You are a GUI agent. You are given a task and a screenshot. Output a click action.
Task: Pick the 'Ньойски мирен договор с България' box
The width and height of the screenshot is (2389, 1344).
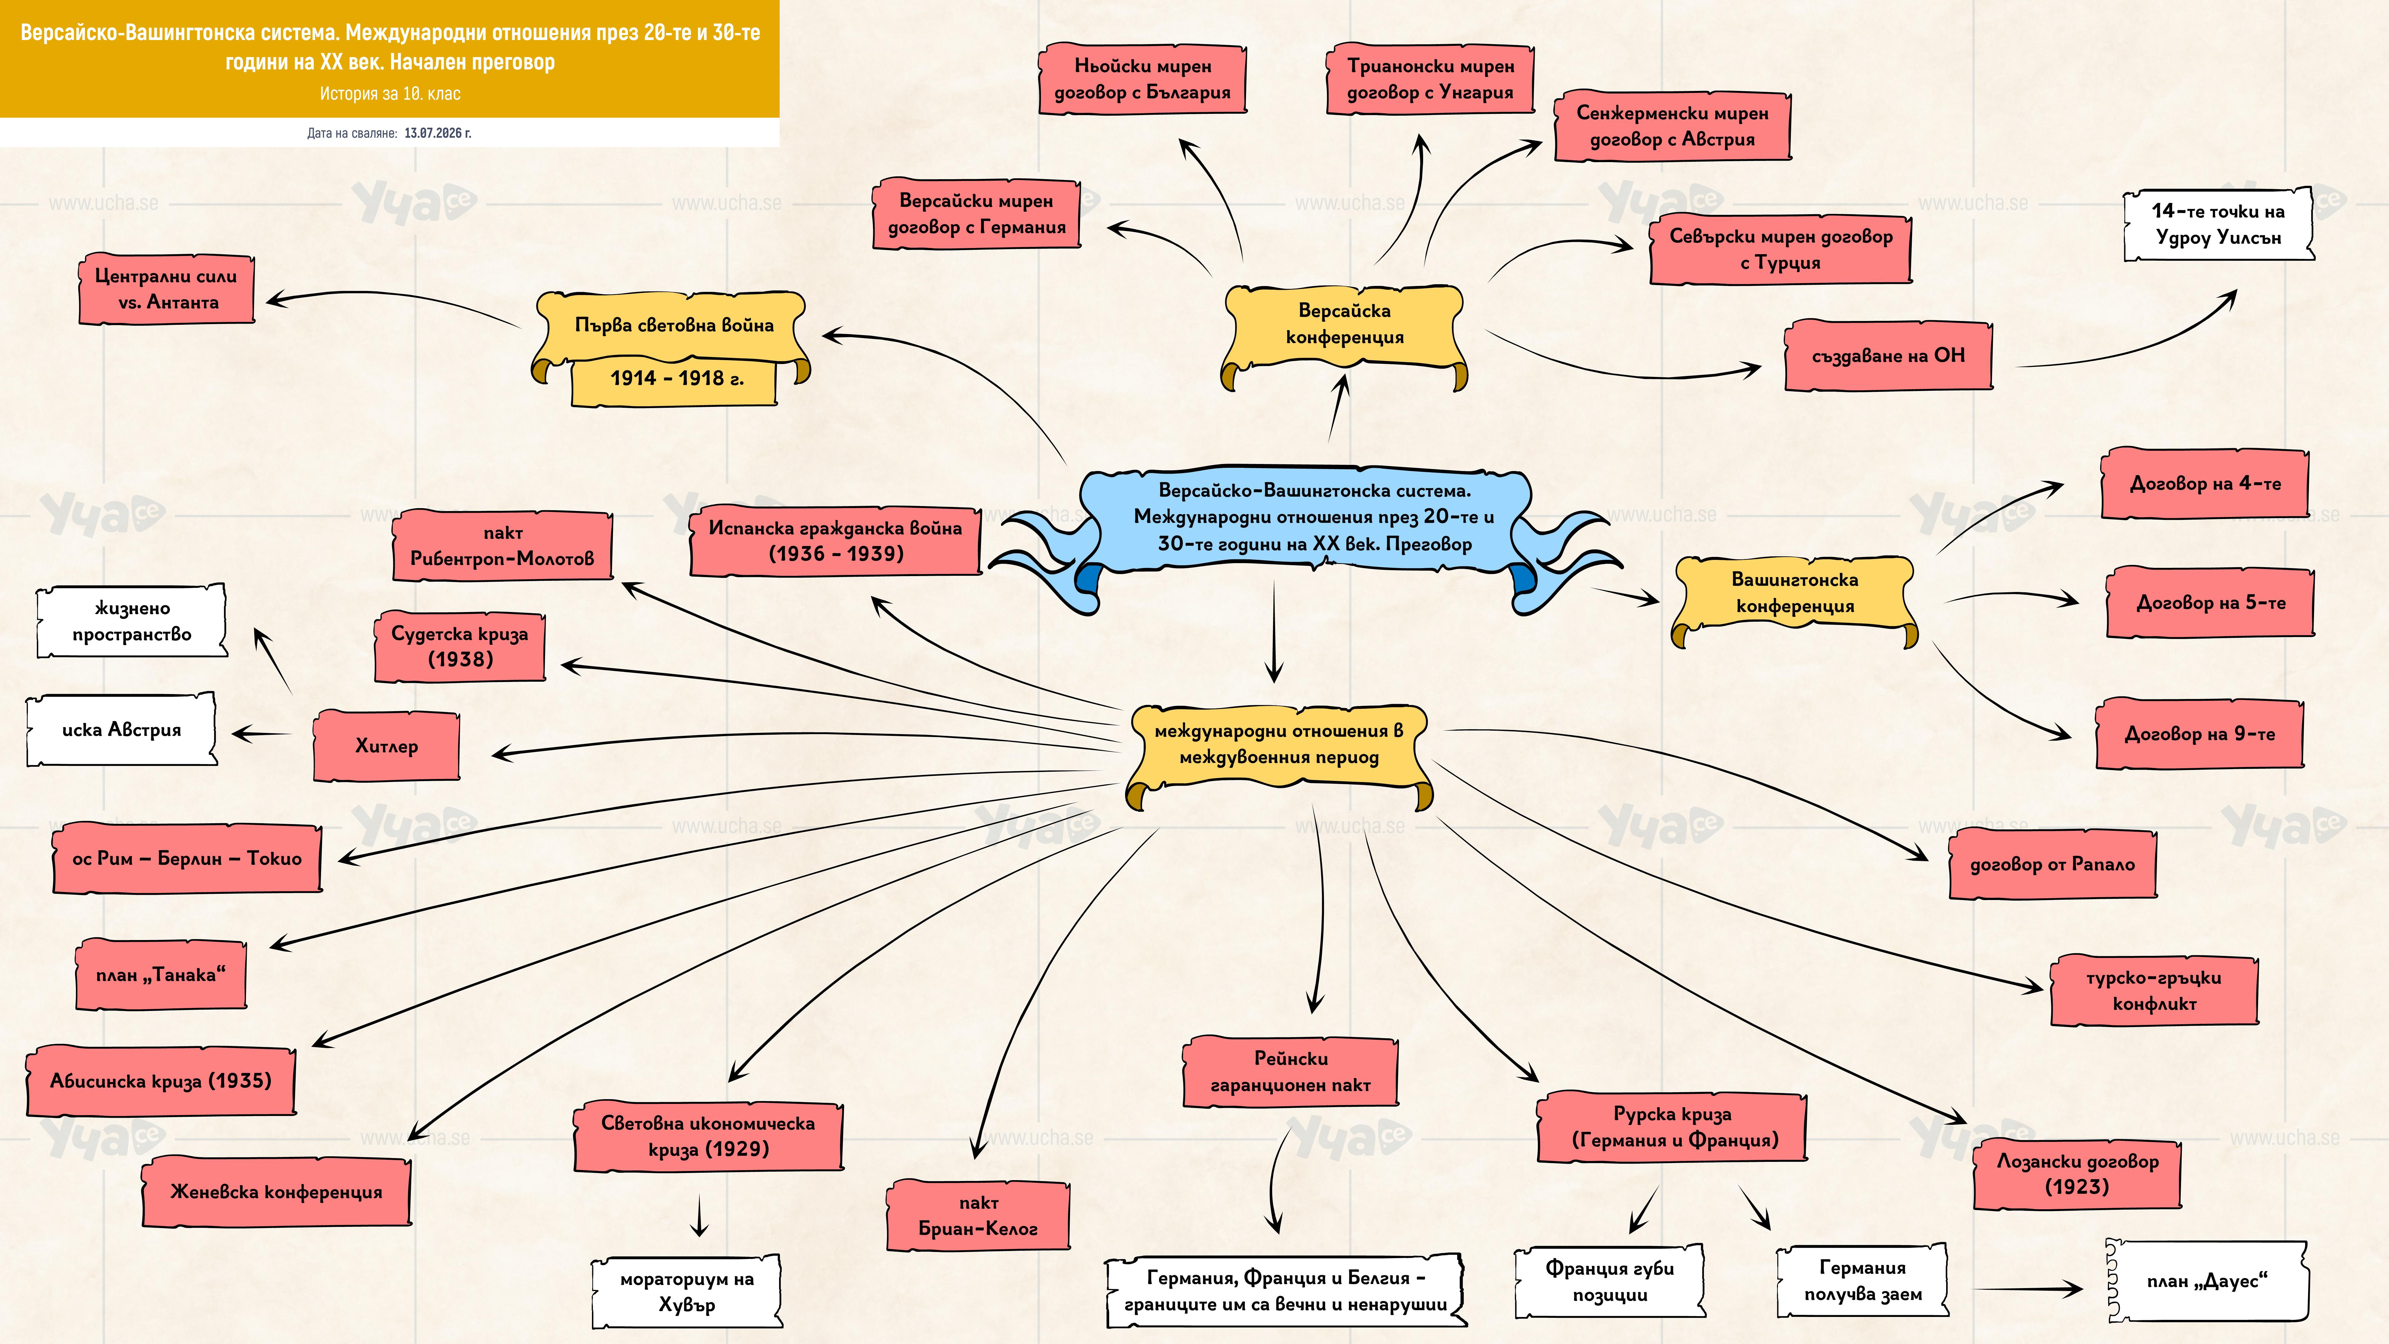click(1142, 79)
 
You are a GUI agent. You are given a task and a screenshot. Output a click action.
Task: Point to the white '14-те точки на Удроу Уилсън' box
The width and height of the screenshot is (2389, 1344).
click(2218, 224)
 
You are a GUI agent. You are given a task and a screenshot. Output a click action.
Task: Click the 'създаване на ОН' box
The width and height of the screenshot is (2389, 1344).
click(1888, 355)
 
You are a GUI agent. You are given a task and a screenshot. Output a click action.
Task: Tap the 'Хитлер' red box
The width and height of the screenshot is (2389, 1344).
click(387, 746)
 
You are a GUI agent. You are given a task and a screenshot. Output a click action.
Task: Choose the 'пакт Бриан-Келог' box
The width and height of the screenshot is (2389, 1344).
click(979, 1215)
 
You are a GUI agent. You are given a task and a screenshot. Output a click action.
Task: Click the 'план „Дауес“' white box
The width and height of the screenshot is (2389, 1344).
click(2207, 1281)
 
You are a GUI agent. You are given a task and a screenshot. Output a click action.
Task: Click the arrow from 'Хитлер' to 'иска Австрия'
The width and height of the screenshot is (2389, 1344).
click(262, 734)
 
